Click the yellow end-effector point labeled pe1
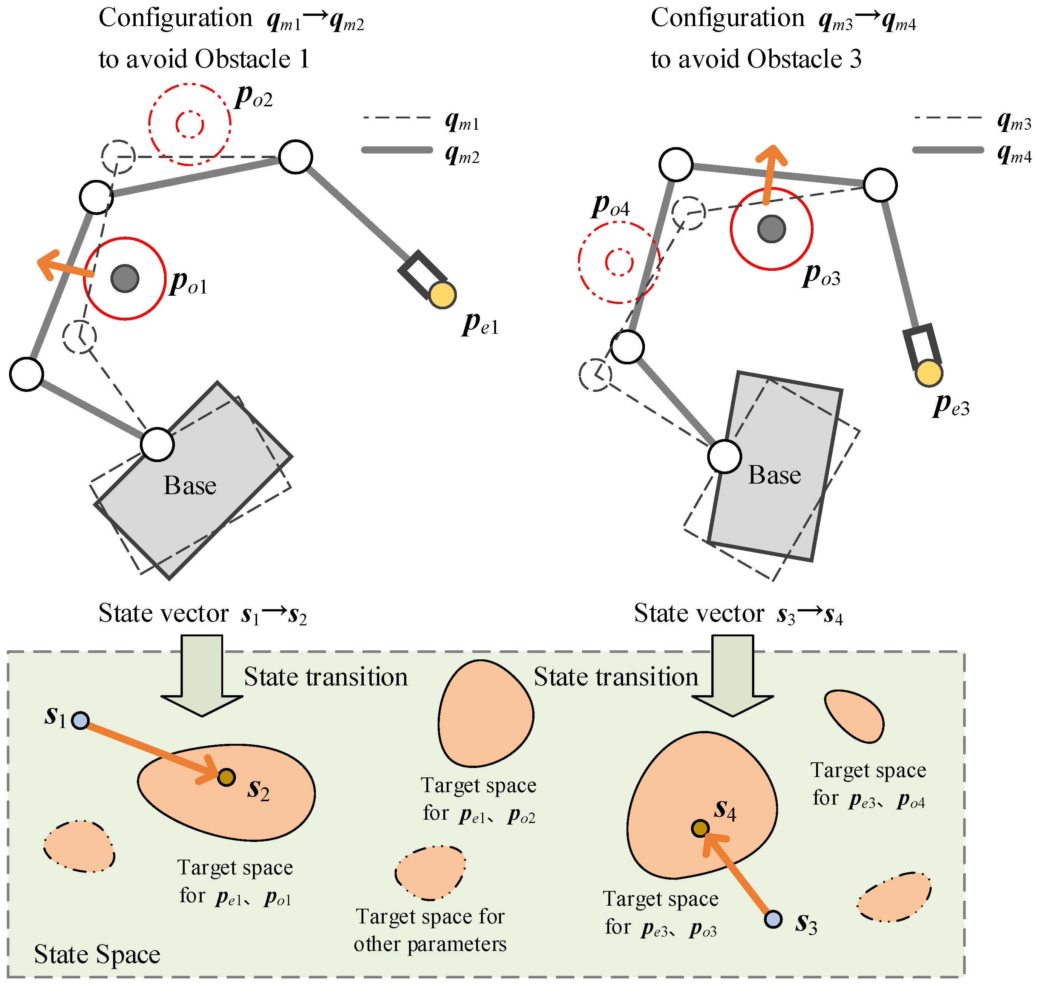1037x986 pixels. [x=442, y=295]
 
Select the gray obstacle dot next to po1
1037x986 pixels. [x=125, y=278]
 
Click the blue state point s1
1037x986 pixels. [x=80, y=720]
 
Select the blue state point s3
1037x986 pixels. [x=773, y=919]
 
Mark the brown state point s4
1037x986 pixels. [x=700, y=828]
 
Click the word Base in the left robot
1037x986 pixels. [x=190, y=485]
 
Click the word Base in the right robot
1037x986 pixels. [x=774, y=475]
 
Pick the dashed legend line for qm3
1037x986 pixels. [x=948, y=118]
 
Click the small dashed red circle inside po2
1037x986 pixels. [x=189, y=124]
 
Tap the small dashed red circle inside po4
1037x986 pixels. [x=619, y=262]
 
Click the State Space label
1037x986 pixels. [x=97, y=954]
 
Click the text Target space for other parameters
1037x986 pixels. [x=430, y=930]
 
